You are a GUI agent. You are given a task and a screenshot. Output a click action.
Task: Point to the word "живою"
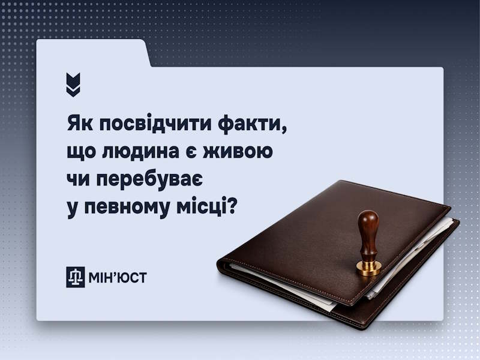click(242, 152)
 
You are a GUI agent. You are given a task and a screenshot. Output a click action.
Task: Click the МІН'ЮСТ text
click(116, 277)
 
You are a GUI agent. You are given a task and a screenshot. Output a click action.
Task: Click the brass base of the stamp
click(368, 267)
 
